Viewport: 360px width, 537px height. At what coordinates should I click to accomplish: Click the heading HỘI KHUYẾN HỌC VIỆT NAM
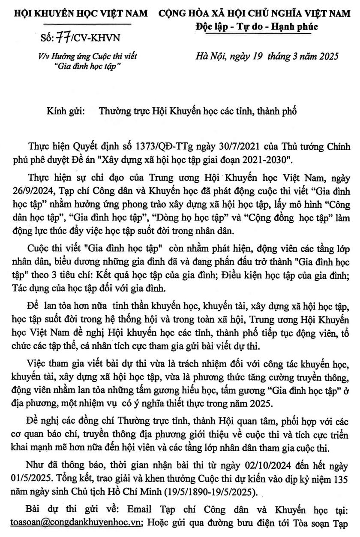(81, 14)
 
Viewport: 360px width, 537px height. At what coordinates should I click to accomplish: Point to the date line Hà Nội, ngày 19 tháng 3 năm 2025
(266, 56)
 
